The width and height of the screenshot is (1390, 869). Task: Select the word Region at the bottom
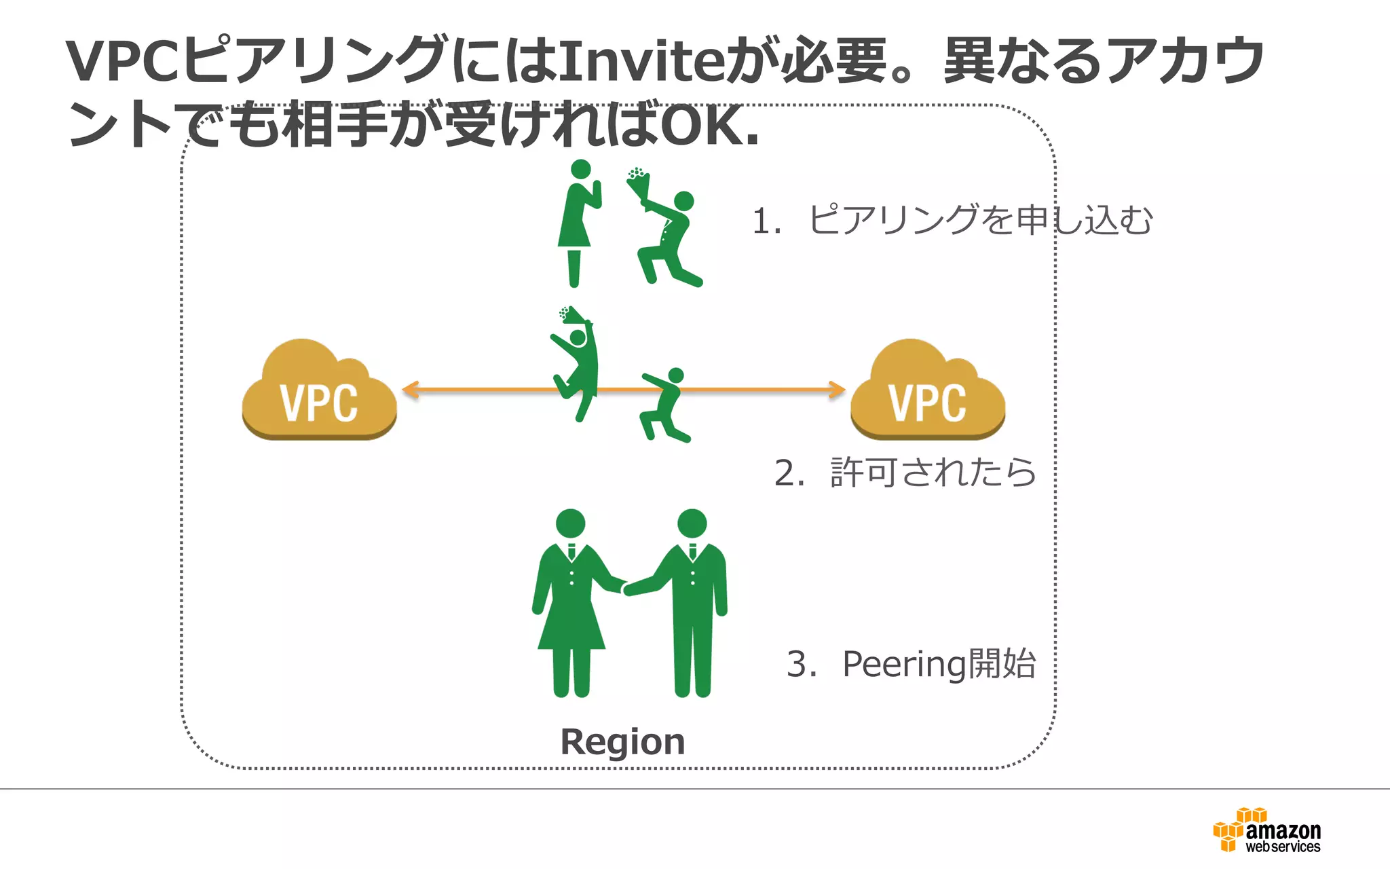[622, 741]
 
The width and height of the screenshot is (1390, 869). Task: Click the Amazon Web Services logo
[1267, 830]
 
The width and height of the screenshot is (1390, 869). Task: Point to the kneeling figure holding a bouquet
[669, 238]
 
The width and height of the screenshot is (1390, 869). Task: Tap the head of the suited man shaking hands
[692, 523]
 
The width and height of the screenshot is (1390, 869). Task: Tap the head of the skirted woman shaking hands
[570, 523]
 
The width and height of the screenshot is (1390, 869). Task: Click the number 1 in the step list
[762, 222]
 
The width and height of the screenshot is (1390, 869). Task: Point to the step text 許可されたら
[933, 473]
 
